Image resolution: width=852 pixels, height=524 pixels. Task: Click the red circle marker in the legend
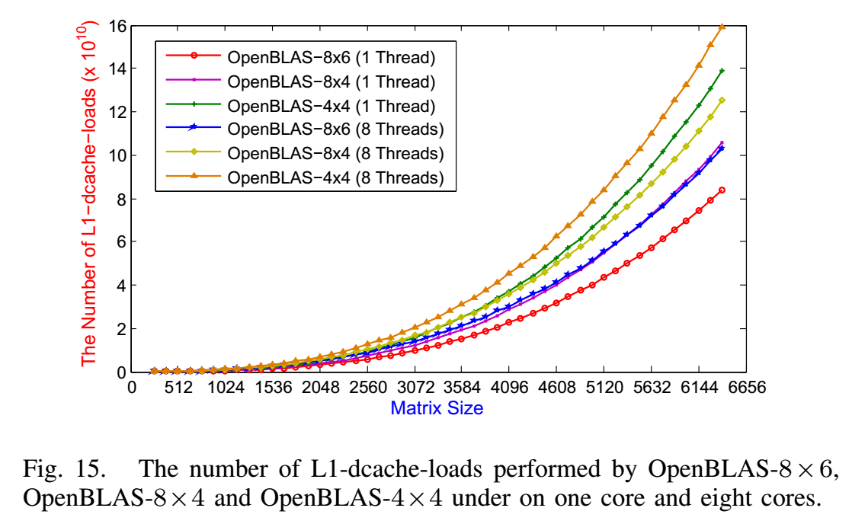[194, 56]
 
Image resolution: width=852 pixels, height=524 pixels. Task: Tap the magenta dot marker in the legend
[194, 80]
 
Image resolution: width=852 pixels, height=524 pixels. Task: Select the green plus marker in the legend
[194, 104]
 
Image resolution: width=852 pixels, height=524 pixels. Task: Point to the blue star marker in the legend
[194, 129]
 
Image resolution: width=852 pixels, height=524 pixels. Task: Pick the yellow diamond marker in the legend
[194, 153]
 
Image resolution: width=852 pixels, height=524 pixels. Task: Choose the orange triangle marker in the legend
[194, 177]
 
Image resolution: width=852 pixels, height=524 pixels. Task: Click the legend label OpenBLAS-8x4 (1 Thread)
[332, 81]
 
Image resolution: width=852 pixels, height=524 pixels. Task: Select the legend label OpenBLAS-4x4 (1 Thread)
[332, 105]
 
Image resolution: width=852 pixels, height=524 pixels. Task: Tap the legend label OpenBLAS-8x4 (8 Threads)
[335, 154]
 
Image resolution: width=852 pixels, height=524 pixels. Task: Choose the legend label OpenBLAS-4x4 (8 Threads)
[335, 178]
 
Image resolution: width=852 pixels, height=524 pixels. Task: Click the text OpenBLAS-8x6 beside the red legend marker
[289, 56]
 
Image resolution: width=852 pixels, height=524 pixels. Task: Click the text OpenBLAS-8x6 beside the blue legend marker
[289, 129]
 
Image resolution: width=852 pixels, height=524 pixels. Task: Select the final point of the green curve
[722, 71]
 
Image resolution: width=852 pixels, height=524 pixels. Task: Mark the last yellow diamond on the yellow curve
[722, 100]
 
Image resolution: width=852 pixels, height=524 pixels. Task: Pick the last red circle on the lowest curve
[722, 190]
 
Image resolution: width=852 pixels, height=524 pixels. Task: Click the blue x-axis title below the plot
[437, 408]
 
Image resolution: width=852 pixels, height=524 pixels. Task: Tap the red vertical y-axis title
[88, 194]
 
